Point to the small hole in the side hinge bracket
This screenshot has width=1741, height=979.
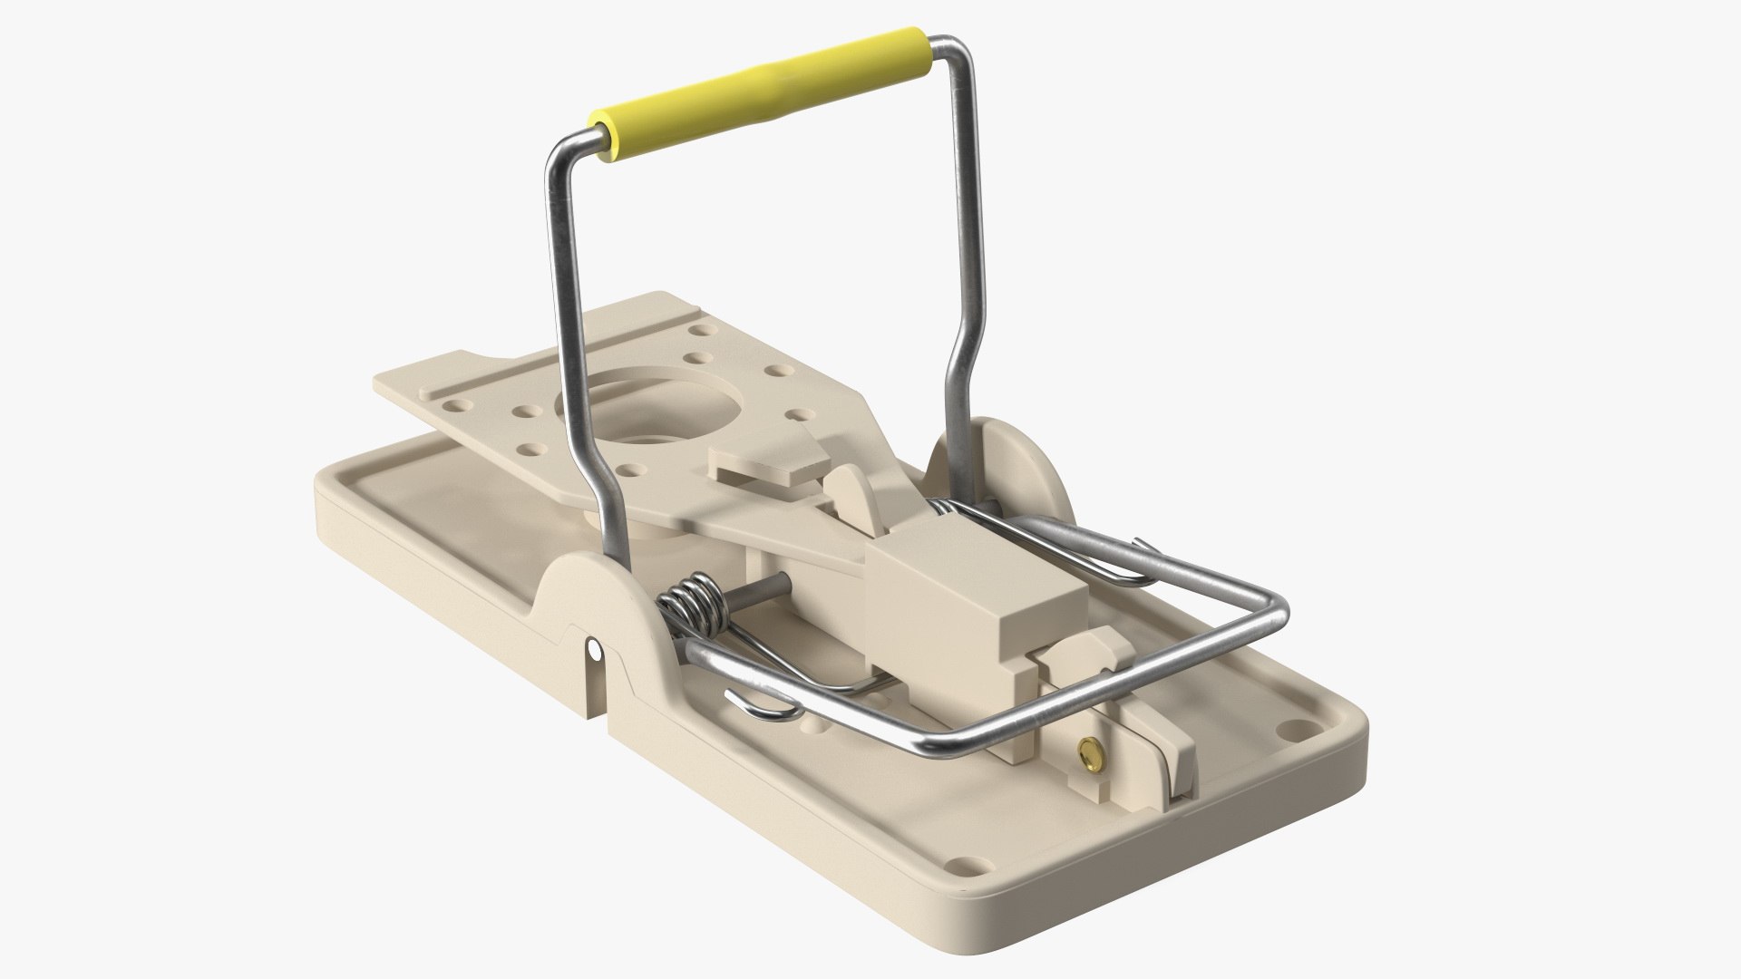tap(594, 651)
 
